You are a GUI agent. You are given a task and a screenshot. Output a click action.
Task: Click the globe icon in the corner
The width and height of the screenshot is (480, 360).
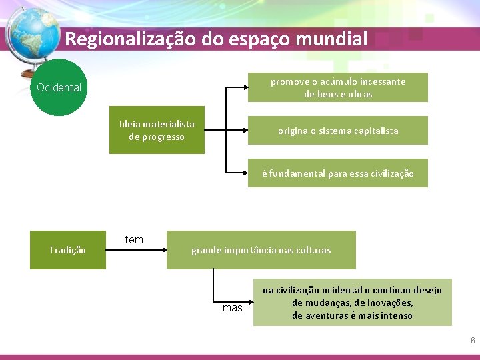click(x=29, y=37)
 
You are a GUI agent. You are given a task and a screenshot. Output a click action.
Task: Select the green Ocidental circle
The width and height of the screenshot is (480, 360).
click(x=60, y=87)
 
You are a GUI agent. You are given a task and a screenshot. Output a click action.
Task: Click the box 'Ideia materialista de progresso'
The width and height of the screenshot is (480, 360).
click(x=157, y=130)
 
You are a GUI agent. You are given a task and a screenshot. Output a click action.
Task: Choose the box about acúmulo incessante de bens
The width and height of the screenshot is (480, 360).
click(x=338, y=87)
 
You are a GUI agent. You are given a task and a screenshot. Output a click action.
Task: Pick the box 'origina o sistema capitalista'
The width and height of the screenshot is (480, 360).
click(x=338, y=131)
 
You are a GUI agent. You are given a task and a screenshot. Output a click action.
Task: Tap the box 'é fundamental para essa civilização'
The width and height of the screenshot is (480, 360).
click(x=338, y=173)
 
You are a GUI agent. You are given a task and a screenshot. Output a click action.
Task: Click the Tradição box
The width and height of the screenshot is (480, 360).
click(x=67, y=250)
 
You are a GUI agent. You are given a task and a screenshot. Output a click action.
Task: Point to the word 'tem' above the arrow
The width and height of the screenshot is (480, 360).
click(x=134, y=240)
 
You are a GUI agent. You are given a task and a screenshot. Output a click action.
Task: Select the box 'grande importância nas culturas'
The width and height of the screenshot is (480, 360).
click(x=261, y=250)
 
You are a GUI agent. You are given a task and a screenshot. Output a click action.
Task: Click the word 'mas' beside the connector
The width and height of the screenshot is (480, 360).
click(x=233, y=308)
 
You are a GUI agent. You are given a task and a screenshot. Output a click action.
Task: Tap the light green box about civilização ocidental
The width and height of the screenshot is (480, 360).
click(x=352, y=302)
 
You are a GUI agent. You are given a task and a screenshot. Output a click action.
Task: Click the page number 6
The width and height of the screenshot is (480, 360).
click(x=473, y=341)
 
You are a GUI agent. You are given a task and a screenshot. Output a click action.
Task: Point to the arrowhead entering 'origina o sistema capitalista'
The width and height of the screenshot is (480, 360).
click(x=244, y=131)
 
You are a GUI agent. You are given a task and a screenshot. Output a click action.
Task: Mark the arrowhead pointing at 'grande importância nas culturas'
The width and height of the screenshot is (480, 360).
click(x=163, y=250)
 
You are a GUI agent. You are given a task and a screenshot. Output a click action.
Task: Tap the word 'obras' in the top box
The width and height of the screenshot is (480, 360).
click(x=360, y=94)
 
